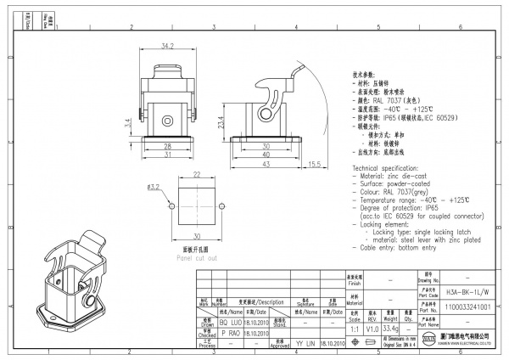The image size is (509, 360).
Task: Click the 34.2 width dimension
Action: click(x=167, y=44)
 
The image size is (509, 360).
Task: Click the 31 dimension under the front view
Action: click(x=169, y=154)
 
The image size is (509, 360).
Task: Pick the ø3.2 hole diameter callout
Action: click(x=154, y=186)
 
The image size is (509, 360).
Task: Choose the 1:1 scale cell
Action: click(x=354, y=327)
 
